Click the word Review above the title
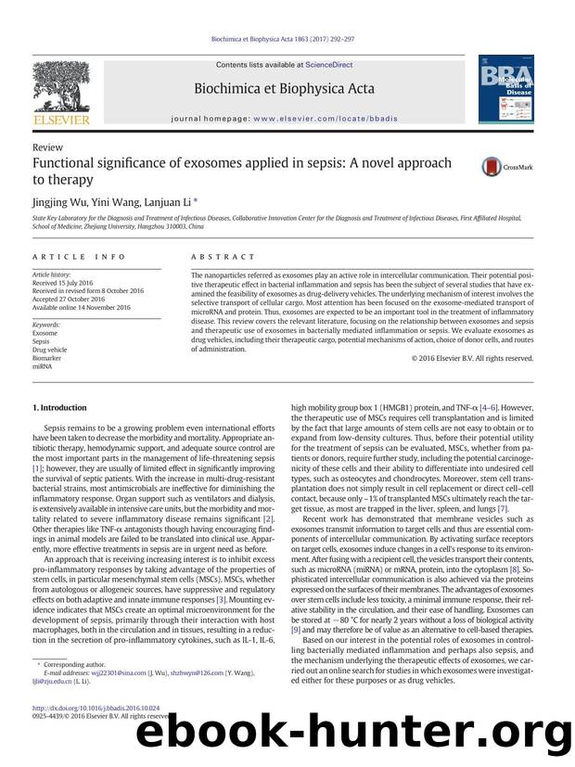click(x=46, y=147)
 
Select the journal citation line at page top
click(x=287, y=40)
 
